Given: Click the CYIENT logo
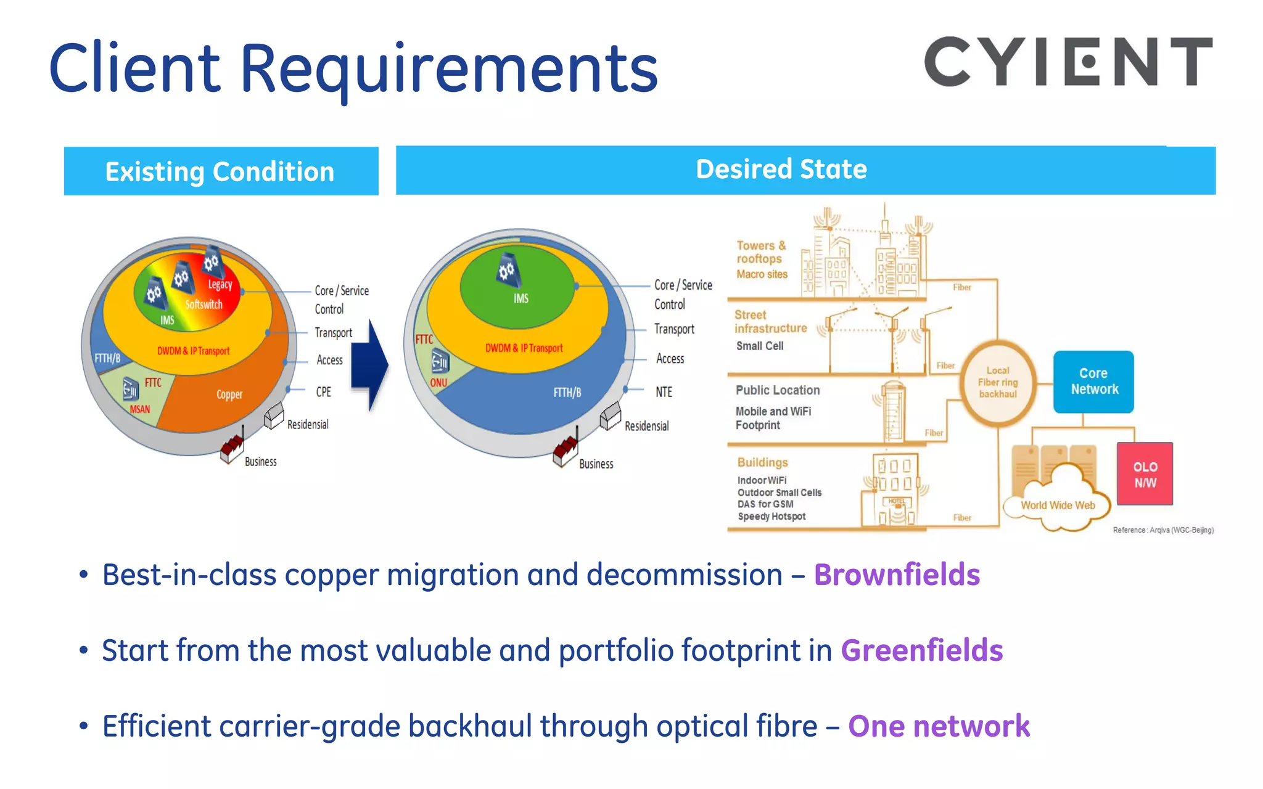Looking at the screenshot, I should click(x=1068, y=62).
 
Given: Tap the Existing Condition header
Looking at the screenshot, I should click(x=221, y=171).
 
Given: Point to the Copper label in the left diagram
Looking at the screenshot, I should click(x=229, y=394).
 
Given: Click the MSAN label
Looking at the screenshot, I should click(x=140, y=409).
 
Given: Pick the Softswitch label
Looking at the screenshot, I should click(x=204, y=305).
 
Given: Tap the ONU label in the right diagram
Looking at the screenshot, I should click(x=438, y=383).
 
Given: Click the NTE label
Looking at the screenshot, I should click(x=664, y=392).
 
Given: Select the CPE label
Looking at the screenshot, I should click(x=324, y=392).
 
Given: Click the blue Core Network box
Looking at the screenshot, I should click(x=1093, y=382).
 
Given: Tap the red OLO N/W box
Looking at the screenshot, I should click(x=1145, y=474).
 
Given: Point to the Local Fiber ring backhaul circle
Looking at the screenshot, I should click(x=998, y=382).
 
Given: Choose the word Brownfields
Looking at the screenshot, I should click(x=897, y=575).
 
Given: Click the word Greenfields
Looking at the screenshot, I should click(x=922, y=651).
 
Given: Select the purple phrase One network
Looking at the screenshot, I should click(x=939, y=726).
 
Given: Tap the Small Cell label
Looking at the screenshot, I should click(x=760, y=346).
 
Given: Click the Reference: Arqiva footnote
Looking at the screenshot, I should click(x=1163, y=530).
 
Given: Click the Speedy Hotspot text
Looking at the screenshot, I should click(x=771, y=517).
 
